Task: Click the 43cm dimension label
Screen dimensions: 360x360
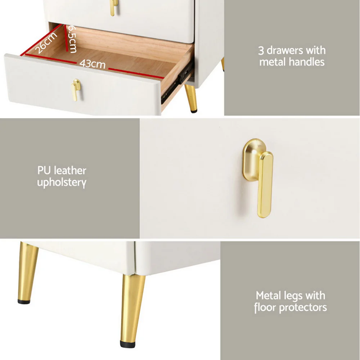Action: pos(92,64)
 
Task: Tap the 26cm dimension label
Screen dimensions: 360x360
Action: pos(46,43)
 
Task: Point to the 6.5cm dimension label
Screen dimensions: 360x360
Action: pos(72,39)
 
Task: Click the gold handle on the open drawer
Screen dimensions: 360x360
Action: pos(76,90)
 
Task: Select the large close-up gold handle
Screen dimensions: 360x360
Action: pos(258,178)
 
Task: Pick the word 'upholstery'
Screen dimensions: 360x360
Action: pos(62,183)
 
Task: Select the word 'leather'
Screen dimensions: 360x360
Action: pos(70,171)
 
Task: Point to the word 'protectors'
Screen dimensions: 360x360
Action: pos(303,308)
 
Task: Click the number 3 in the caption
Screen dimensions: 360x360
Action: pos(261,51)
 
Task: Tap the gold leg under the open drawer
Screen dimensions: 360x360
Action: pos(192,98)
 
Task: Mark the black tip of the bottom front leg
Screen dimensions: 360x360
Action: pos(128,344)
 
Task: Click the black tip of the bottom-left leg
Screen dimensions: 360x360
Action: pos(24,302)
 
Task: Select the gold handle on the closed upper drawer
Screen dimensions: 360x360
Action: pos(114,7)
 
